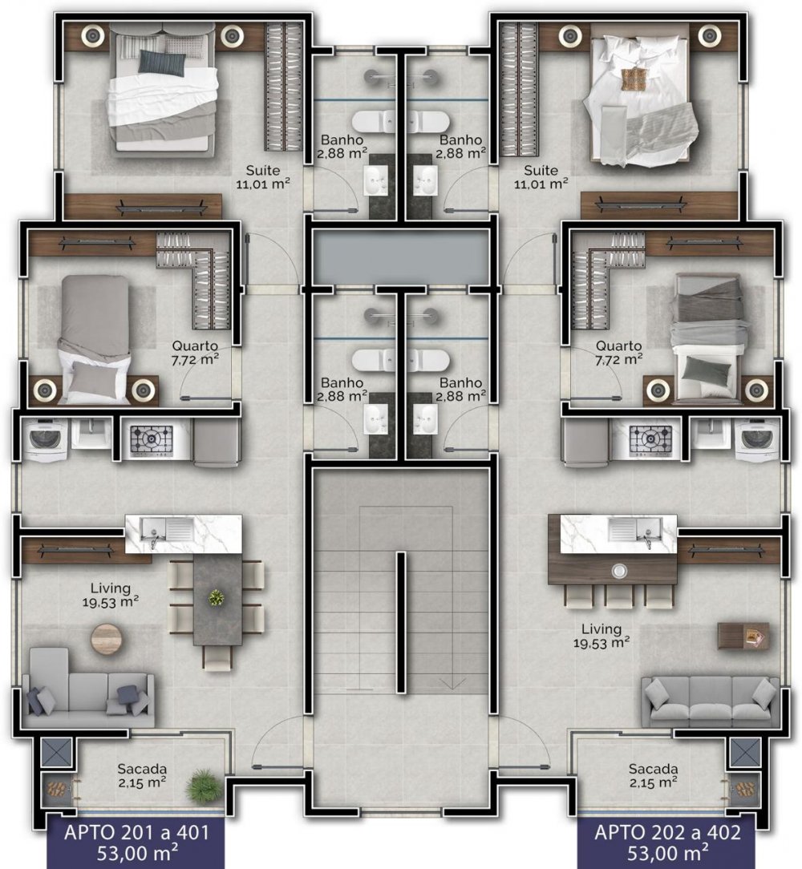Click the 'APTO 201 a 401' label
pos(136,832)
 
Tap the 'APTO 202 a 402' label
pos(667,832)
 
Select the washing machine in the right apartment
pos(756,439)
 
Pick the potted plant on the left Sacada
pos(202,786)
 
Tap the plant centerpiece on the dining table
pos(217,597)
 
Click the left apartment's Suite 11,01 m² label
pos(263,177)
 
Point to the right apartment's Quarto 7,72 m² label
pos(618,353)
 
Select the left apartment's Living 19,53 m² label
pos(111,595)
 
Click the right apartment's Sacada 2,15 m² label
pos(653,776)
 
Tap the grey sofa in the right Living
pos(711,701)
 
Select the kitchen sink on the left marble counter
pos(166,529)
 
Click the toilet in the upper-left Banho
pos(371,121)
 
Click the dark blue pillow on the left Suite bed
pos(161,62)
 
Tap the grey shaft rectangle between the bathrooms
pos(400,257)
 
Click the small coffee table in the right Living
pos(743,636)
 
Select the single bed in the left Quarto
pos(95,339)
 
